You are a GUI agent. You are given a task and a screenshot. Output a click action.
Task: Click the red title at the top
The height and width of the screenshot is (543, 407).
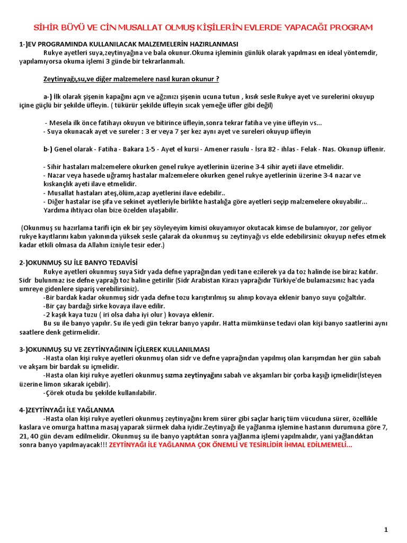tap(203, 27)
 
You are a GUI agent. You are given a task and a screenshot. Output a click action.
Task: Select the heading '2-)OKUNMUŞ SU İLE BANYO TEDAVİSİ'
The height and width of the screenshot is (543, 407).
tap(78, 262)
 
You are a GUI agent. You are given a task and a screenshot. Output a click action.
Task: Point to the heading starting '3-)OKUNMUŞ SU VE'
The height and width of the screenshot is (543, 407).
tap(114, 349)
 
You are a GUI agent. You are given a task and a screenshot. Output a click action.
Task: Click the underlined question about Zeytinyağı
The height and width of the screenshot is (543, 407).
tap(131, 79)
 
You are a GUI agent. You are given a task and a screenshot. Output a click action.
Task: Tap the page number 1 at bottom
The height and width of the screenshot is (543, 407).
tap(386, 529)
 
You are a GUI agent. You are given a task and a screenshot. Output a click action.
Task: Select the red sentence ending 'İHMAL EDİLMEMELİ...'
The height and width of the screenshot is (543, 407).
tap(230, 444)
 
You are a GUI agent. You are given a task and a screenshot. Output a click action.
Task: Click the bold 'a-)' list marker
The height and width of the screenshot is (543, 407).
tap(48, 97)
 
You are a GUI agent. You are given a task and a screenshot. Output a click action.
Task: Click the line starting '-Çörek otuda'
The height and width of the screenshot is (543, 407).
tap(100, 393)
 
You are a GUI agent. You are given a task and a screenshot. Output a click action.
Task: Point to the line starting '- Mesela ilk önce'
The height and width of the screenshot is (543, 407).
tap(183, 123)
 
